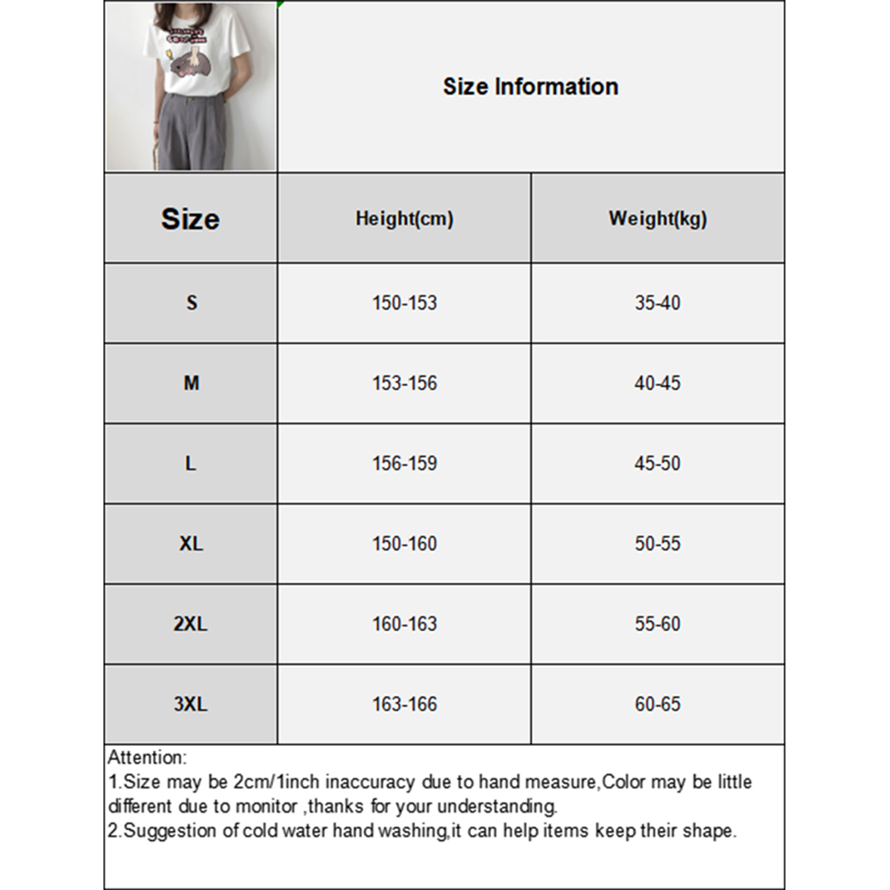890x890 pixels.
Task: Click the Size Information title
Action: pyautogui.click(x=530, y=87)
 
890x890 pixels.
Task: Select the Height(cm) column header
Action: pyautogui.click(x=404, y=219)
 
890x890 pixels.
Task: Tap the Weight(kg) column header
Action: pyautogui.click(x=657, y=219)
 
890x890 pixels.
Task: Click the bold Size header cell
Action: pyautogui.click(x=190, y=219)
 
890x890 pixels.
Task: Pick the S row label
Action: pyautogui.click(x=191, y=303)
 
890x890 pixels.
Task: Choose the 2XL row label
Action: pyautogui.click(x=190, y=624)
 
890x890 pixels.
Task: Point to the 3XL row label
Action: pyautogui.click(x=190, y=704)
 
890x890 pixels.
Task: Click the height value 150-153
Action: pyautogui.click(x=404, y=303)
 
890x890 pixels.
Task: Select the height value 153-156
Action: pyautogui.click(x=404, y=383)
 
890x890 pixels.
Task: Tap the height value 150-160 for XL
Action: pyautogui.click(x=404, y=543)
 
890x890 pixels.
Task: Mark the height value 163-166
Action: pyautogui.click(x=404, y=704)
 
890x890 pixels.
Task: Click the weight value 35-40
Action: pyautogui.click(x=657, y=303)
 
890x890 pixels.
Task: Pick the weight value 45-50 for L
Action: pyautogui.click(x=657, y=463)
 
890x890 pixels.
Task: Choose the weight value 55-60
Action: pyautogui.click(x=657, y=624)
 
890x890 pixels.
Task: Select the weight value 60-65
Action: pyautogui.click(x=657, y=704)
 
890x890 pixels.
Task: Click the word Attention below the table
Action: pyautogui.click(x=146, y=758)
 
